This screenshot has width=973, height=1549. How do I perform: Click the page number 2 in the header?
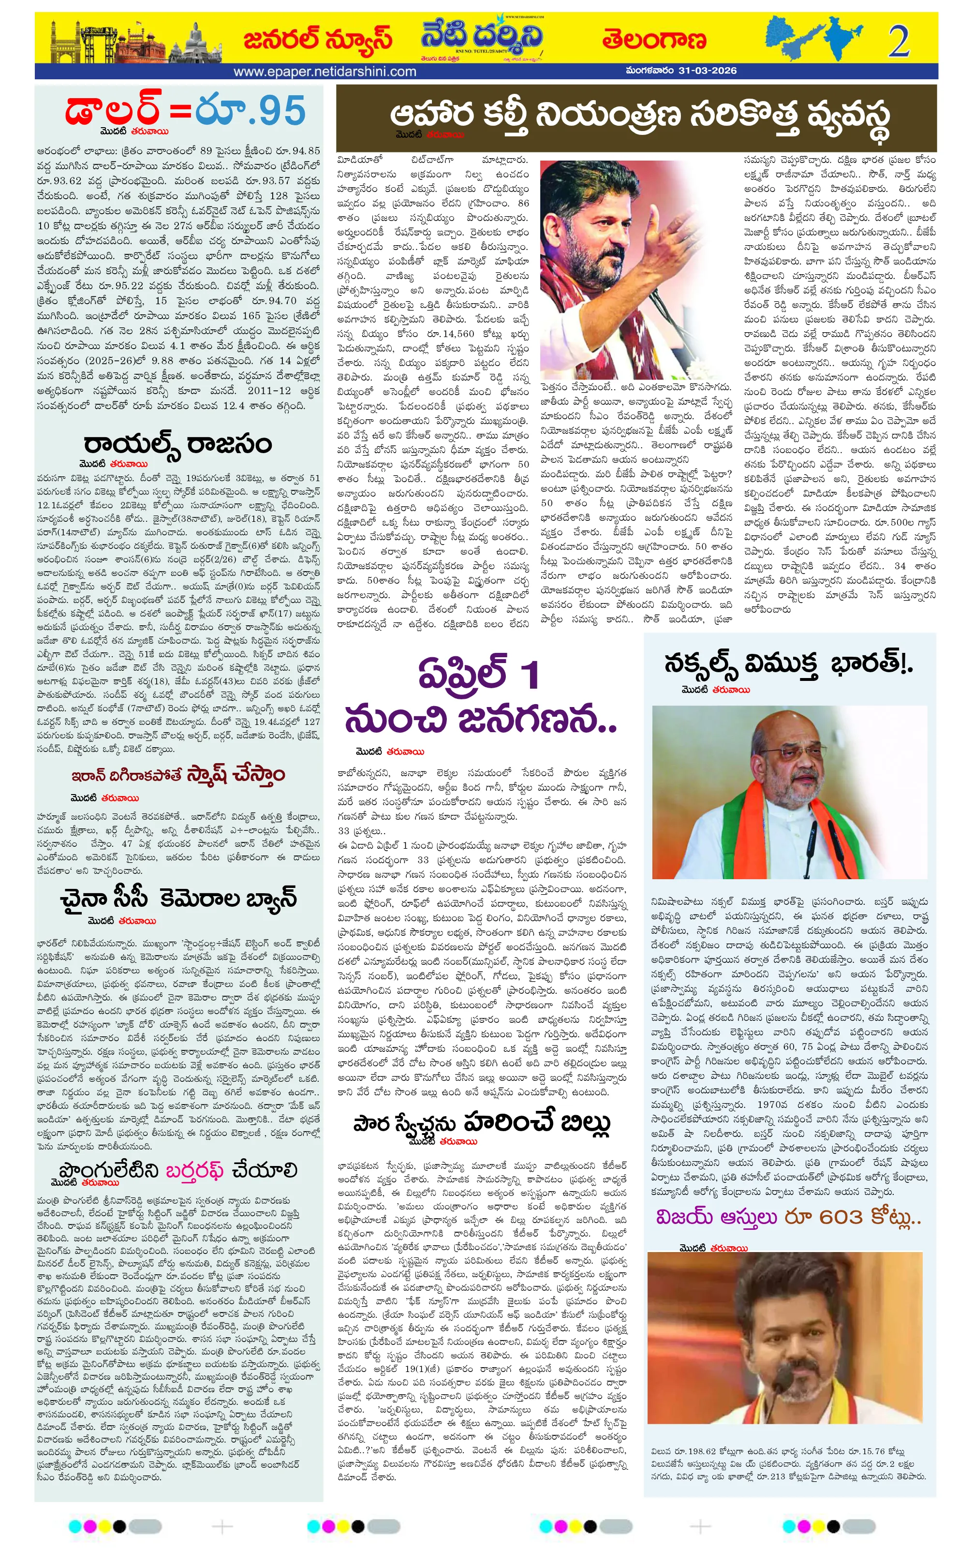point(899,41)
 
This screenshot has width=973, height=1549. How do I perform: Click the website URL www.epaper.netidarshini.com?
point(325,72)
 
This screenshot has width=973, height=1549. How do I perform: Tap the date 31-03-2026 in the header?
point(708,70)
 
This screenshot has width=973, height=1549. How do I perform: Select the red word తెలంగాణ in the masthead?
point(654,40)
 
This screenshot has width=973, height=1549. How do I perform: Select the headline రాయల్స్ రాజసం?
point(178,444)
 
